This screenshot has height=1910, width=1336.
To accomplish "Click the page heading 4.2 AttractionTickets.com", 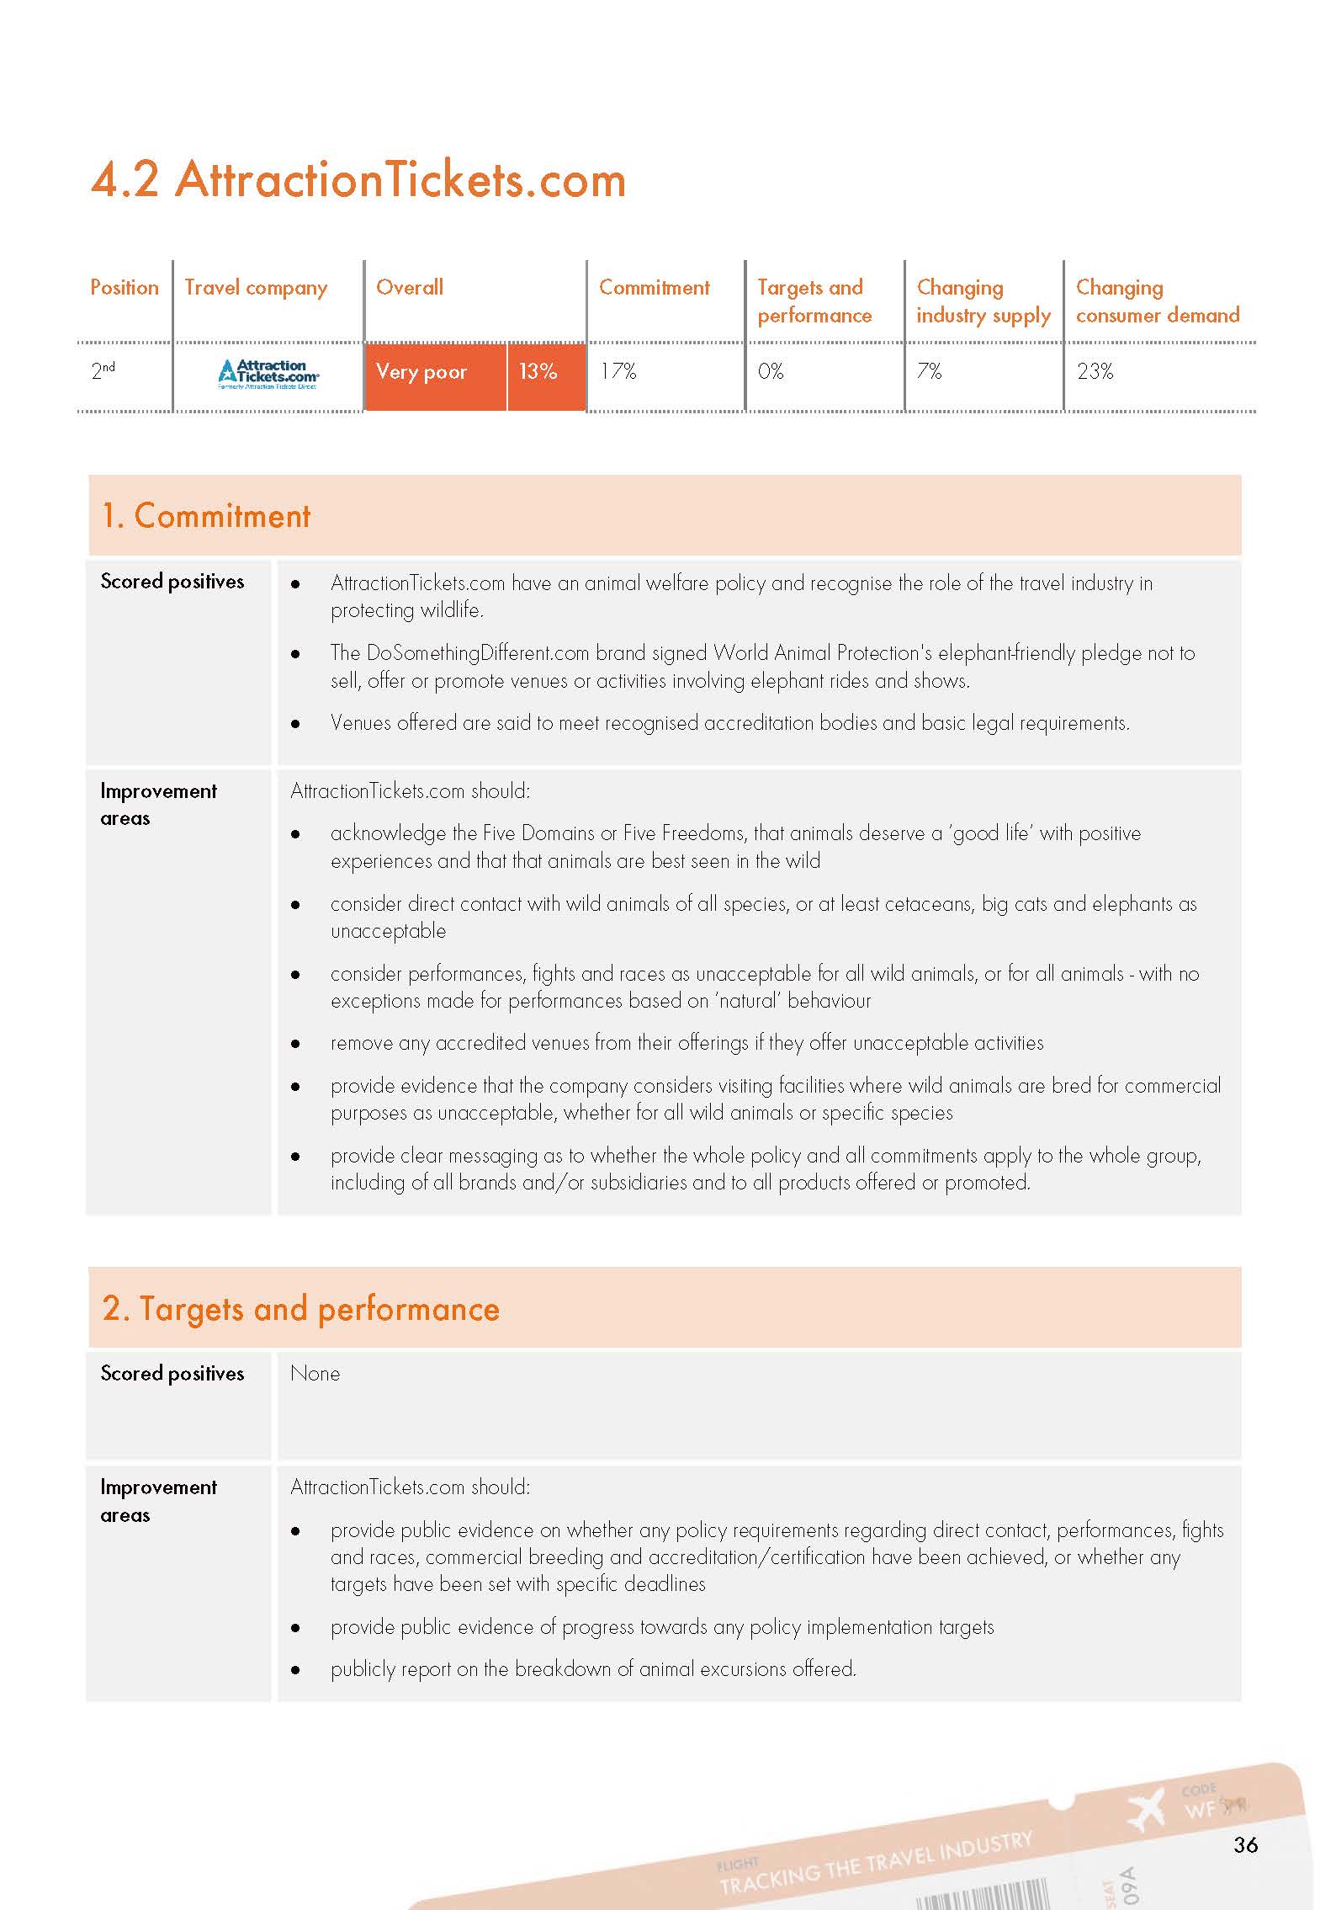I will [358, 180].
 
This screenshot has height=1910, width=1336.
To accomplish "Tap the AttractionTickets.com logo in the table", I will [268, 374].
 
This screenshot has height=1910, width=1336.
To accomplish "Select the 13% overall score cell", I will [538, 372].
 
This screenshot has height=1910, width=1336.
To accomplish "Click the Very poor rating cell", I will [421, 372].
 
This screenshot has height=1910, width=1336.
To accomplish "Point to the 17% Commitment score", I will [618, 371].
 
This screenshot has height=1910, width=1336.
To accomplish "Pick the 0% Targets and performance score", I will [771, 371].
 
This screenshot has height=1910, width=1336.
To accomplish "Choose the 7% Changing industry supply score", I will [929, 371].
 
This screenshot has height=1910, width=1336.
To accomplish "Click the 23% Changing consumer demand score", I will [1095, 371].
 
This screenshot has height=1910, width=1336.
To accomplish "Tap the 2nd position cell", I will [103, 370].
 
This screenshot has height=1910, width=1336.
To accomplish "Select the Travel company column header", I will [256, 288].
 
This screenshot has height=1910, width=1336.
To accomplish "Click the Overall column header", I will [410, 288].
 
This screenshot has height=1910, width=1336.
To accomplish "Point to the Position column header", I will [125, 288].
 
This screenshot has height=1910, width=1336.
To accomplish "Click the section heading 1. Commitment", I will [206, 516].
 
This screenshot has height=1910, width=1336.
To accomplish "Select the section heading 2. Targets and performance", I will [300, 1309].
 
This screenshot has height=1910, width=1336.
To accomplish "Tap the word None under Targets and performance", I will [315, 1374].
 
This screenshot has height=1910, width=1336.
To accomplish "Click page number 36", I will [1245, 1844].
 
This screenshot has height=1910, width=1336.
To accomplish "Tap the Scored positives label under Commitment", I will [172, 582].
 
